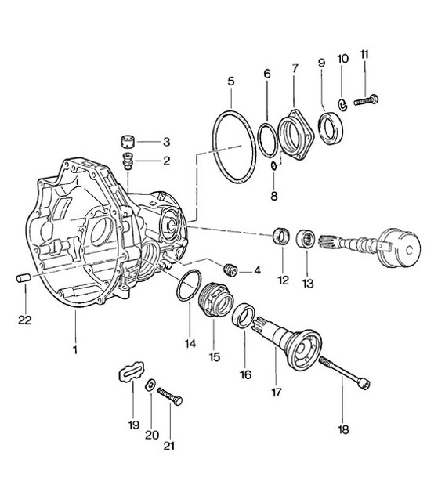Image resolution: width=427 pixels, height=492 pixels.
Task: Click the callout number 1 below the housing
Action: point(76,349)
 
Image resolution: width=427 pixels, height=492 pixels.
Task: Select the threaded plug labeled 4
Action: point(230,271)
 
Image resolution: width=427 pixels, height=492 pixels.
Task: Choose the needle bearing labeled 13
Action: point(306,238)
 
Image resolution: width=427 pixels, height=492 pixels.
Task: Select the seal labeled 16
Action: point(246,317)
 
